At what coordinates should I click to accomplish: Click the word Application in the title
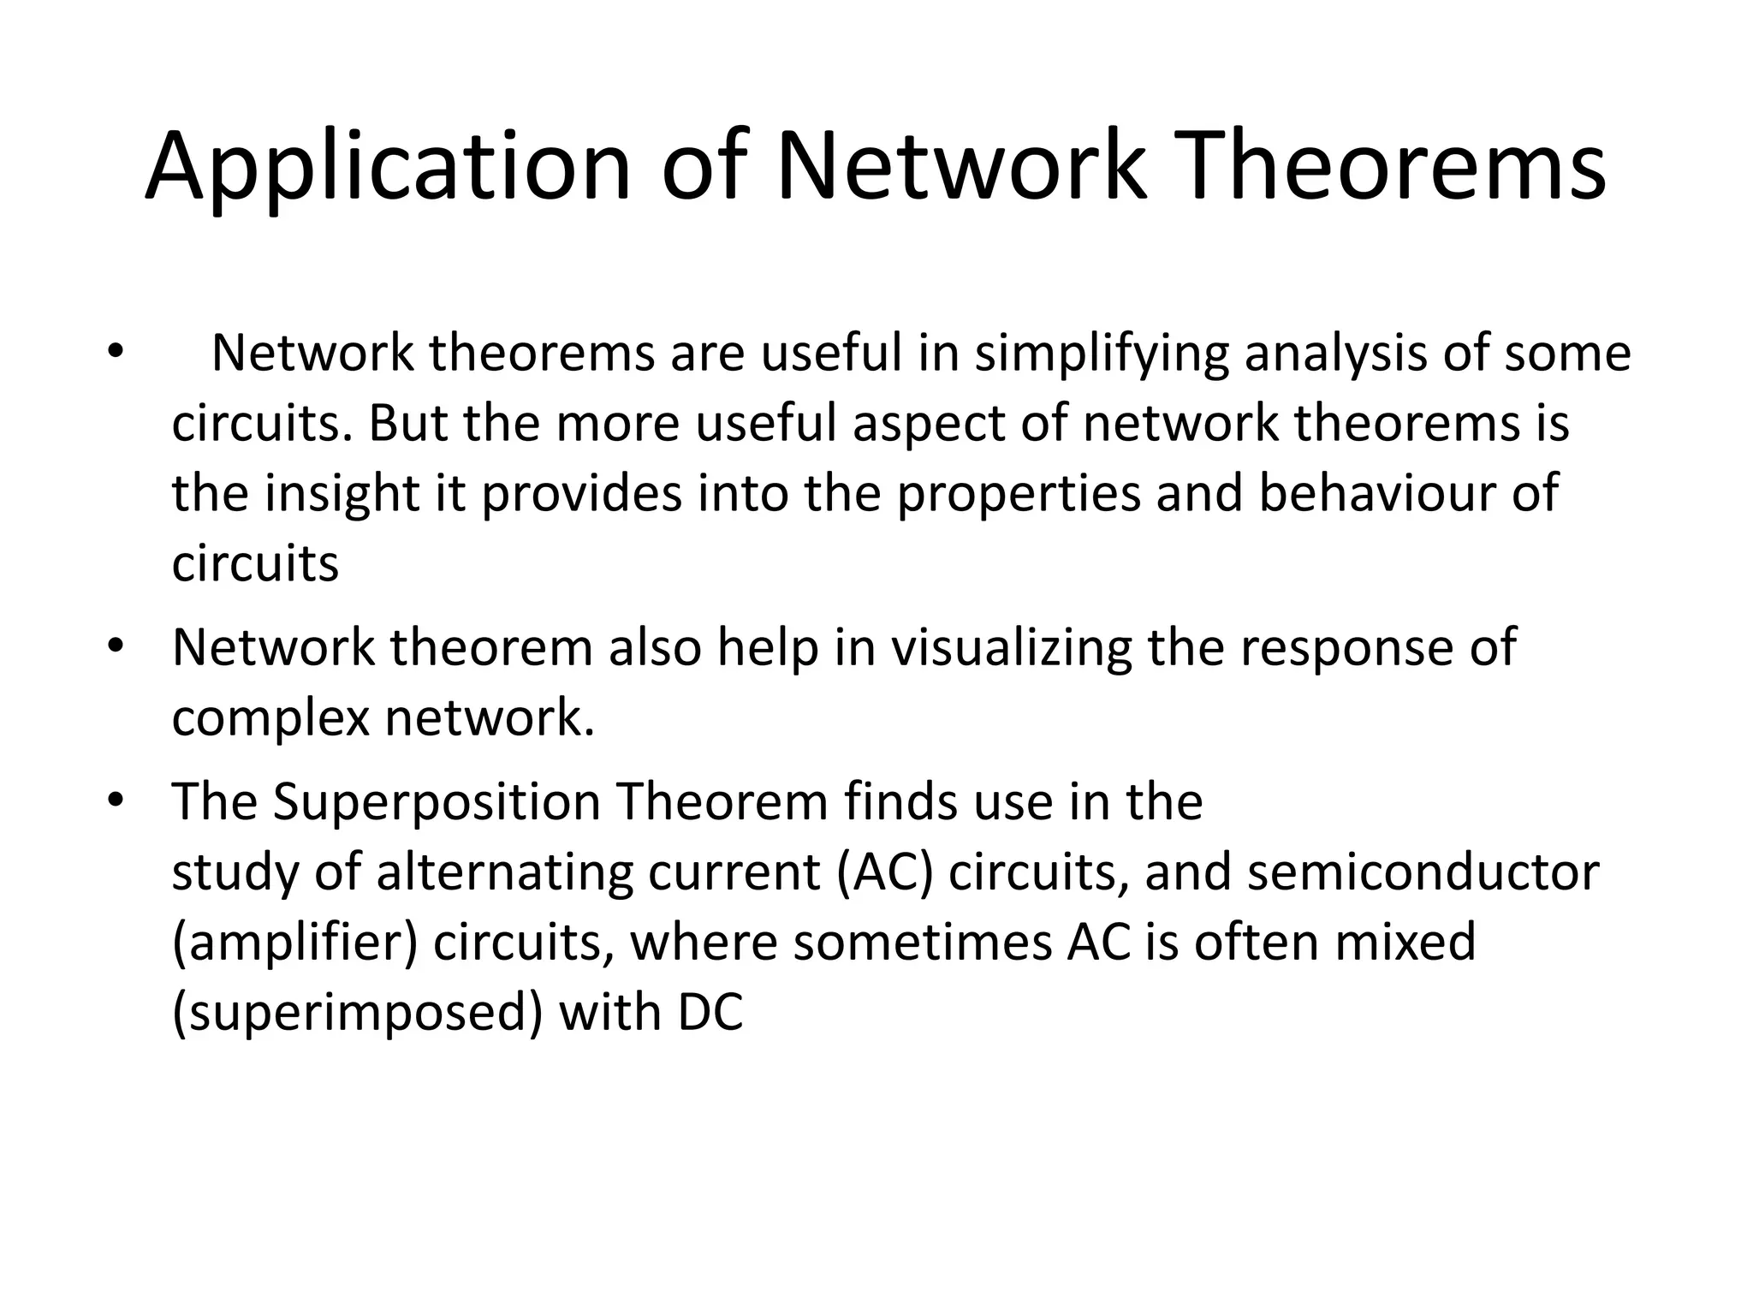coord(388,167)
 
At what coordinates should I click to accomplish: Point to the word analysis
coord(1336,354)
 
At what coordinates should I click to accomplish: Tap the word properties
coord(1019,494)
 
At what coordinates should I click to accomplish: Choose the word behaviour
coord(1377,494)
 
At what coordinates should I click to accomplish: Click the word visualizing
coord(1011,647)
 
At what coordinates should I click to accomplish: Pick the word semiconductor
coord(1423,873)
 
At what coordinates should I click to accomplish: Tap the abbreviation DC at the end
coord(710,1013)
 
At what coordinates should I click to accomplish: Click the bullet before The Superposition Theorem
coord(116,801)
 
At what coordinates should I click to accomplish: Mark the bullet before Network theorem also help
coord(116,646)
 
